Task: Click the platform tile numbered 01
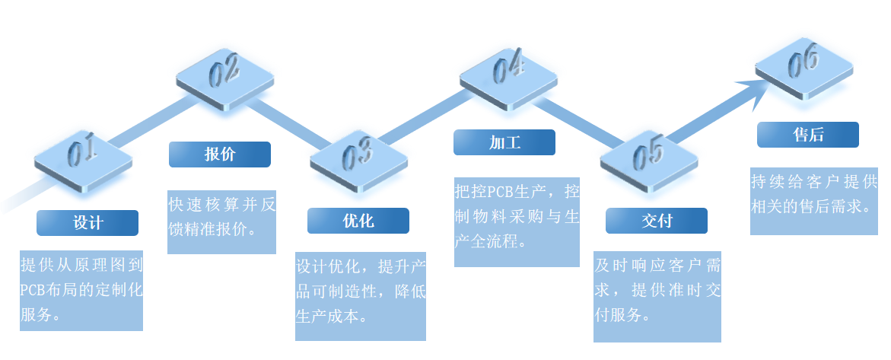(x=83, y=157)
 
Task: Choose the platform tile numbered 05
(x=648, y=156)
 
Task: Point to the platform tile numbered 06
(x=802, y=66)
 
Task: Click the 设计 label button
(x=88, y=223)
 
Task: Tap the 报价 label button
(x=219, y=155)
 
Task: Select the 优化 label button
(x=358, y=221)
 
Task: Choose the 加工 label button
(x=504, y=142)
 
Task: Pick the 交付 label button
(x=656, y=221)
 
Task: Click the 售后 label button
(x=807, y=135)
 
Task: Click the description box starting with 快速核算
(x=221, y=221)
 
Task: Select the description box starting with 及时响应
(x=657, y=295)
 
